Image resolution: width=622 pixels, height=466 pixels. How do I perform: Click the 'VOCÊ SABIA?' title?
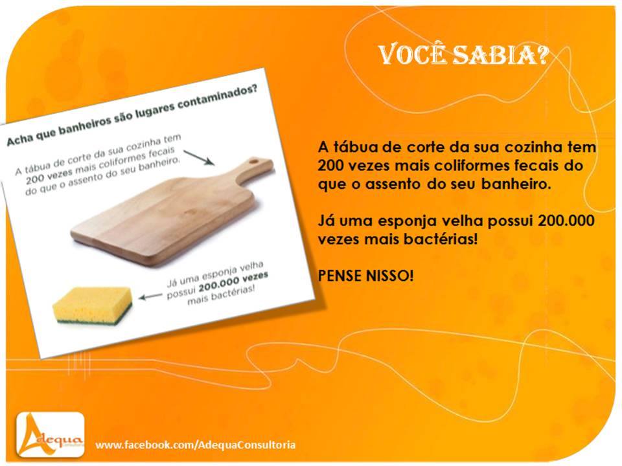coord(463,55)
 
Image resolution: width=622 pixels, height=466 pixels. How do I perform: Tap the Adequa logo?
coord(51,435)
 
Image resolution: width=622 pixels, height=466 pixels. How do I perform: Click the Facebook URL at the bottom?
coord(196,445)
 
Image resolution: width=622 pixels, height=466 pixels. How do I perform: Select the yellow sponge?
coord(93,305)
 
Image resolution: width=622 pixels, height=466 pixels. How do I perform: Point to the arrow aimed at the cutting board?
coord(199,157)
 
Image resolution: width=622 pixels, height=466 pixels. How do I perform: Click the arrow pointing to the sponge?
coord(150,296)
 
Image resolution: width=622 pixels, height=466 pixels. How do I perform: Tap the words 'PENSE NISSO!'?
coord(365,276)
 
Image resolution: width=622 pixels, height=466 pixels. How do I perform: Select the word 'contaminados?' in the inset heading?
coord(217,98)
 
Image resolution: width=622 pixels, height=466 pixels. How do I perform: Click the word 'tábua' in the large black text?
coord(353,147)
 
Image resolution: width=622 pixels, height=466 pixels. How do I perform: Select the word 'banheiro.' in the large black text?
coord(516,184)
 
